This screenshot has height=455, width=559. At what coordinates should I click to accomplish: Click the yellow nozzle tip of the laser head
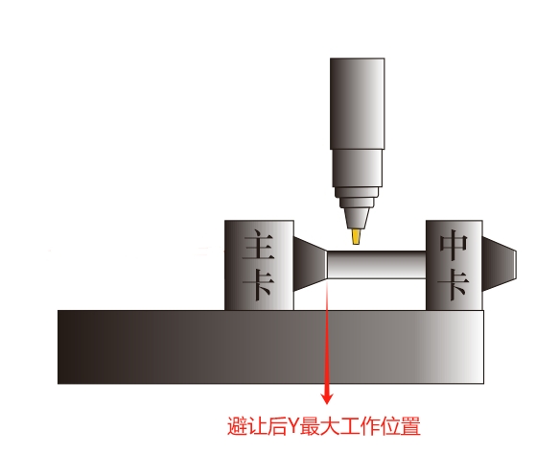pyautogui.click(x=356, y=236)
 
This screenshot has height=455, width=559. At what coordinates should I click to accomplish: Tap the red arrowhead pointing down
pyautogui.click(x=327, y=397)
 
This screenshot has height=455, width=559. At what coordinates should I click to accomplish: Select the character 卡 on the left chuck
pyautogui.click(x=259, y=283)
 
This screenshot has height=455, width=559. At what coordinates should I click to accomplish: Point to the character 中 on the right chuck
pyautogui.click(x=454, y=245)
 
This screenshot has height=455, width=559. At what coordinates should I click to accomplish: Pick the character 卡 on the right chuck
pyautogui.click(x=454, y=284)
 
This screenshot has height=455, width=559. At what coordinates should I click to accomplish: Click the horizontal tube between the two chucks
pyautogui.click(x=377, y=265)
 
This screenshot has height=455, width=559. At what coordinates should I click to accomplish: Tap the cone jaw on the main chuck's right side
pyautogui.click(x=311, y=264)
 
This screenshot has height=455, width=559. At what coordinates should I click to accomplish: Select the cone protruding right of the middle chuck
pyautogui.click(x=500, y=264)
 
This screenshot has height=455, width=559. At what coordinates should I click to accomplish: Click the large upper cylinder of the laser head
pyautogui.click(x=358, y=104)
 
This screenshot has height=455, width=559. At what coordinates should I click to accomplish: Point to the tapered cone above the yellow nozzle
pyautogui.click(x=357, y=218)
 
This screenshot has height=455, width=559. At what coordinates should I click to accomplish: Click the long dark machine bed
pyautogui.click(x=270, y=347)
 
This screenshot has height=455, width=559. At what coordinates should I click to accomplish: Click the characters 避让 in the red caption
pyautogui.click(x=246, y=426)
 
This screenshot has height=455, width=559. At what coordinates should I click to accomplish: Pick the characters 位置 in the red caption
pyautogui.click(x=401, y=426)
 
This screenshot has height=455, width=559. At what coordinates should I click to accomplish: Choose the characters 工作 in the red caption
pyautogui.click(x=361, y=426)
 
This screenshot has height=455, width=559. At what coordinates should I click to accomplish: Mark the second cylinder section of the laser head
pyautogui.click(x=358, y=168)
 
